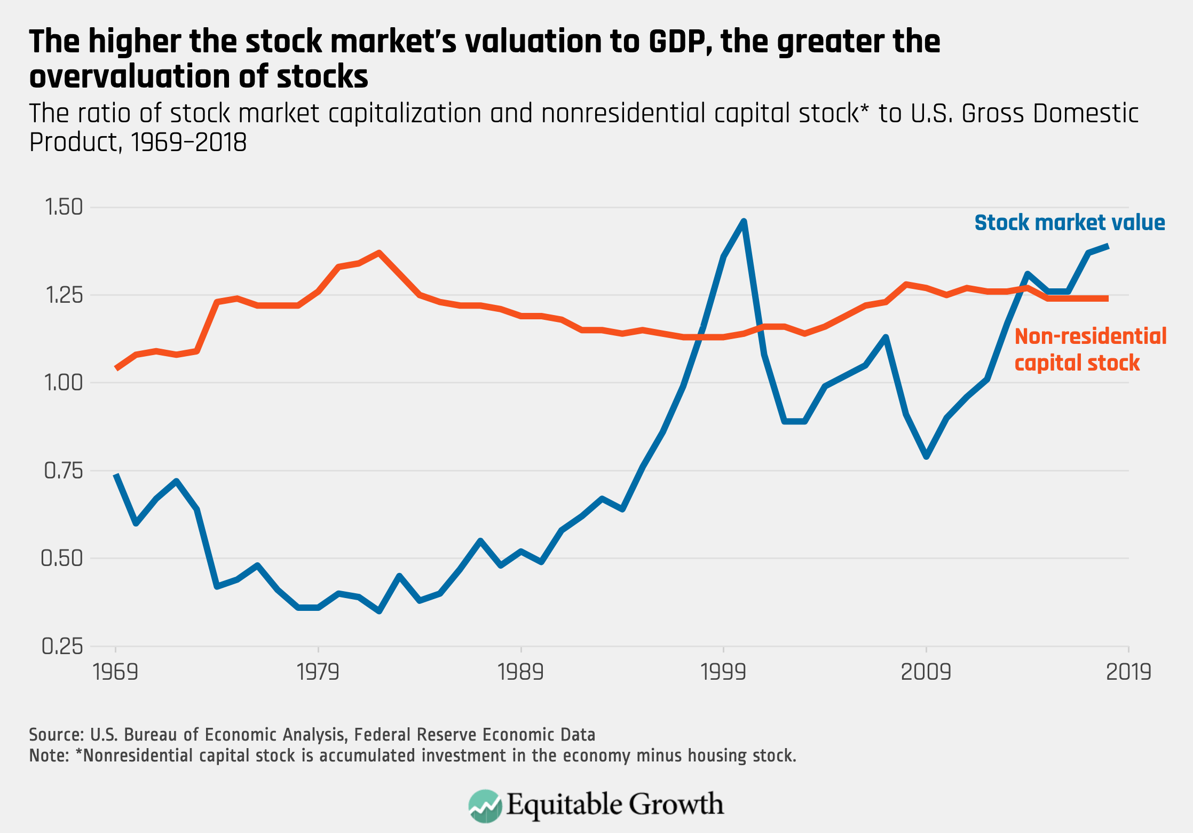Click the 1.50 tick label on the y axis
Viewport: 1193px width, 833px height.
tap(64, 207)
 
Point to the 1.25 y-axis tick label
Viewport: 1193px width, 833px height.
tap(64, 295)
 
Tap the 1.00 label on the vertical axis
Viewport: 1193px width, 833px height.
tap(64, 383)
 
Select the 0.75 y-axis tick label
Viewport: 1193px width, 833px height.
tap(64, 470)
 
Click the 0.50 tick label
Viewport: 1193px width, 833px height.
tap(62, 559)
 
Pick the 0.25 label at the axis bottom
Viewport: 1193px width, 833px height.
tap(62, 646)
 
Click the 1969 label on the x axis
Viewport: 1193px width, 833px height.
tap(116, 672)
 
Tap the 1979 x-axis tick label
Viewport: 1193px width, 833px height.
tap(318, 672)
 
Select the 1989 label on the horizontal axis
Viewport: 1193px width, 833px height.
tap(520, 672)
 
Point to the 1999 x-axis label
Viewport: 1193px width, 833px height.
tap(723, 672)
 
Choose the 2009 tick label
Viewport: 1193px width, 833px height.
tap(926, 672)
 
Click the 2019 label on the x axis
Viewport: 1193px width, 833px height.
tap(1128, 672)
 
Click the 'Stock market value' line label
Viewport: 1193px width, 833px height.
tap(1070, 223)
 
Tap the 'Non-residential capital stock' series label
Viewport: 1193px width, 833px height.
tap(1091, 350)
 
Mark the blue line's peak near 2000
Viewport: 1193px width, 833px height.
tap(744, 221)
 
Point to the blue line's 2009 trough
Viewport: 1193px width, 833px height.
tap(926, 457)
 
